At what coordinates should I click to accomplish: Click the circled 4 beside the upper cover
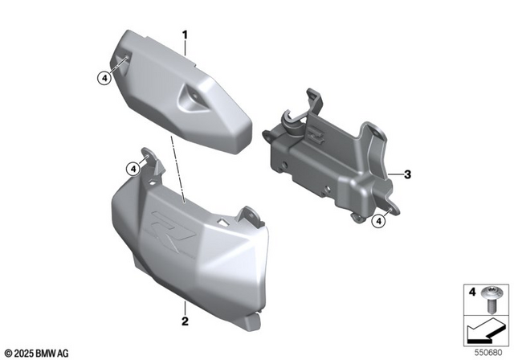point(103,78)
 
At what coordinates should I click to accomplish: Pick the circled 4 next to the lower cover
point(132,168)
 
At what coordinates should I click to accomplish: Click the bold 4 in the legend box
point(472,290)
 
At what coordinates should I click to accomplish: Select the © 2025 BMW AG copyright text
point(37,351)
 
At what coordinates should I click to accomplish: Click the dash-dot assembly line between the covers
point(178,169)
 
